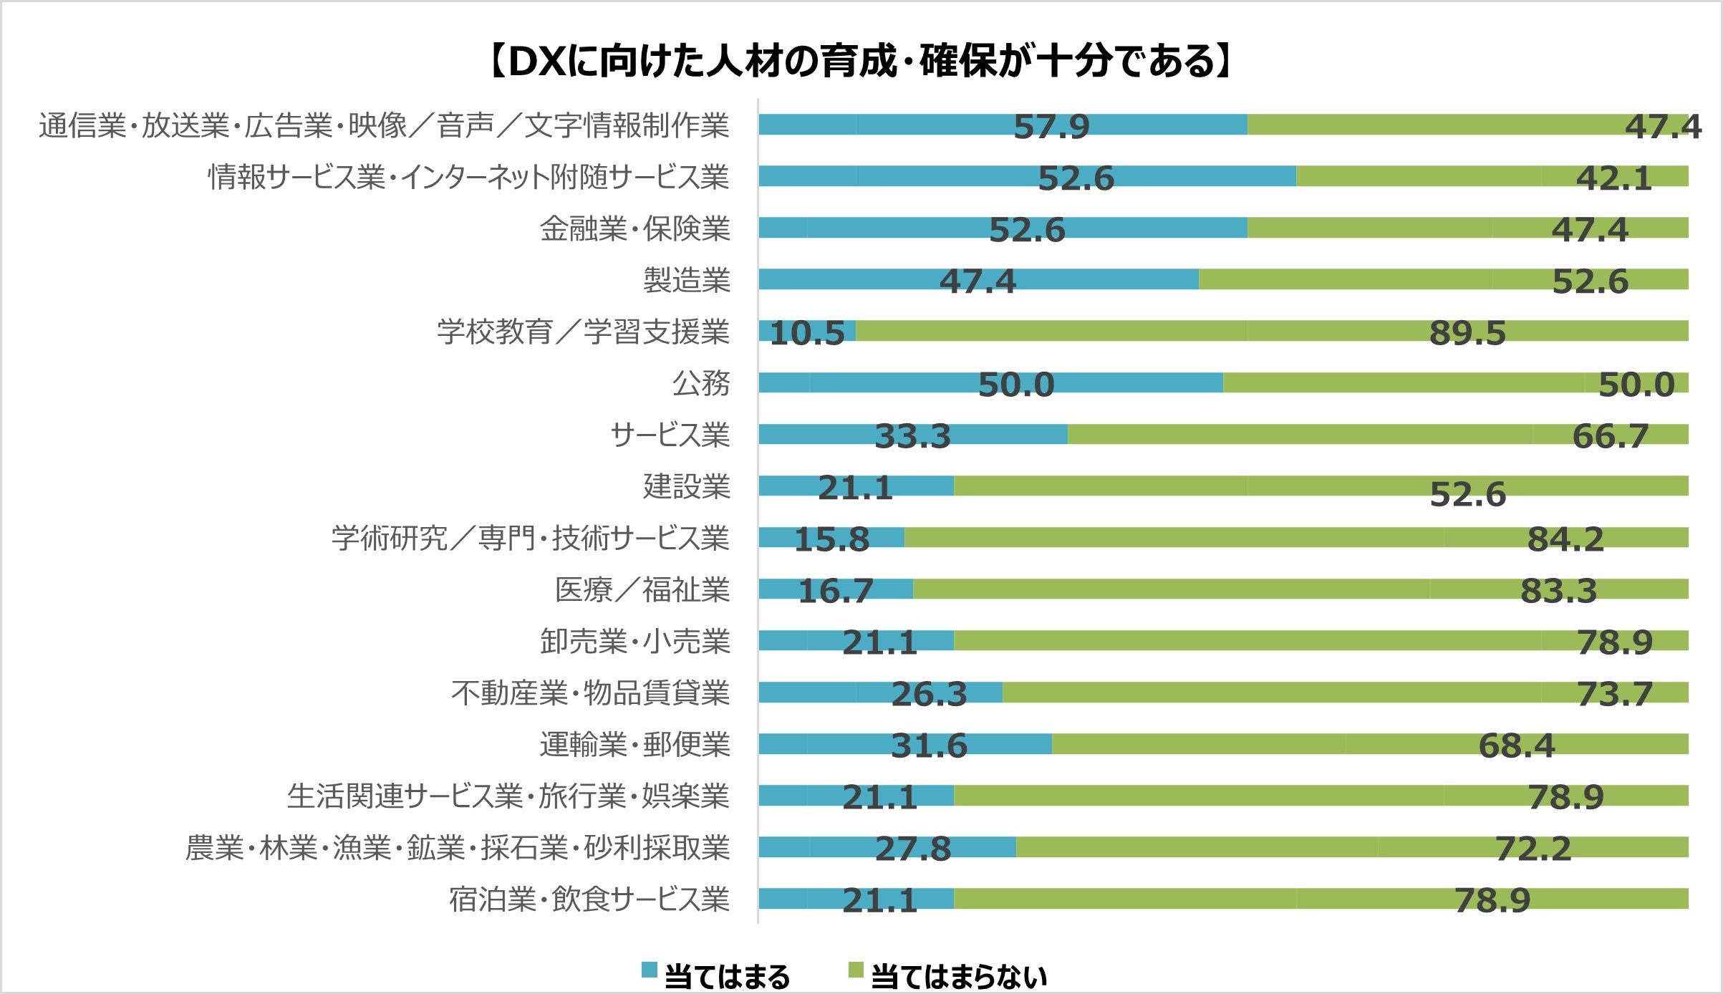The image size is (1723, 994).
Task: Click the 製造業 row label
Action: tap(686, 280)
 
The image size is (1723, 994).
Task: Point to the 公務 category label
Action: tap(700, 383)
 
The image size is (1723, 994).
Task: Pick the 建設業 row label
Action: tap(686, 486)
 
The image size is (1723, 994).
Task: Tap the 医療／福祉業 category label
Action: tap(642, 590)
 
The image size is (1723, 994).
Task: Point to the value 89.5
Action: tap(1467, 334)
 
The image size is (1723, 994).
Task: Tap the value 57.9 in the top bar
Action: tap(1051, 127)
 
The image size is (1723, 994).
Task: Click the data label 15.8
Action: tap(831, 540)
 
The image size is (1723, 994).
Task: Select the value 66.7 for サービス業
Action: tap(1610, 437)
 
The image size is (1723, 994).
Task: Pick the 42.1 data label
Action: tap(1613, 179)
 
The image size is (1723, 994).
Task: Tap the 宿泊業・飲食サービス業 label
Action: tap(589, 899)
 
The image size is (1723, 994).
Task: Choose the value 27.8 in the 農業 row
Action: tap(913, 849)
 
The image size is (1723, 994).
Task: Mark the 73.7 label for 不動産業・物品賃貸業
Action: tap(1614, 695)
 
